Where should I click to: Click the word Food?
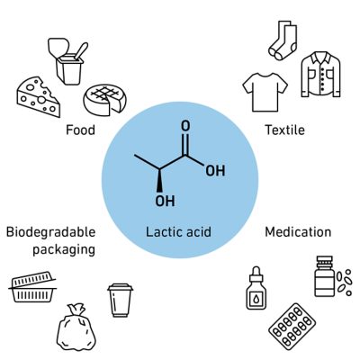click(x=80, y=130)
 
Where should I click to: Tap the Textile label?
click(x=284, y=130)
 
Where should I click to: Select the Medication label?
click(x=298, y=232)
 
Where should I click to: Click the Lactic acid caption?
click(x=178, y=232)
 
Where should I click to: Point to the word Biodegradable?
click(x=51, y=232)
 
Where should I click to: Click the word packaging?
click(x=64, y=250)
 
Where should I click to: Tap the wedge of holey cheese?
click(x=38, y=96)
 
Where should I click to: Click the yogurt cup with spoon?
click(x=68, y=61)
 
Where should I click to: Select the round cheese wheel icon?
click(x=105, y=99)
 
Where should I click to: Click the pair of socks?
click(x=283, y=40)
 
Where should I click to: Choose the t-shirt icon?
click(x=265, y=92)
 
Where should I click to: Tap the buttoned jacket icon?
click(x=321, y=74)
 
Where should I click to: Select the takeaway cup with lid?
click(x=121, y=300)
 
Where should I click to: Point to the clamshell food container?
click(x=32, y=287)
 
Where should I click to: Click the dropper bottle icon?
click(x=256, y=288)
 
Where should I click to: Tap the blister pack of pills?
click(x=292, y=327)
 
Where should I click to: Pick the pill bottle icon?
click(x=325, y=276)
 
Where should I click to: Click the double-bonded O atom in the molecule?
click(x=185, y=126)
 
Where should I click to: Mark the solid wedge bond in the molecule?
click(x=159, y=180)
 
